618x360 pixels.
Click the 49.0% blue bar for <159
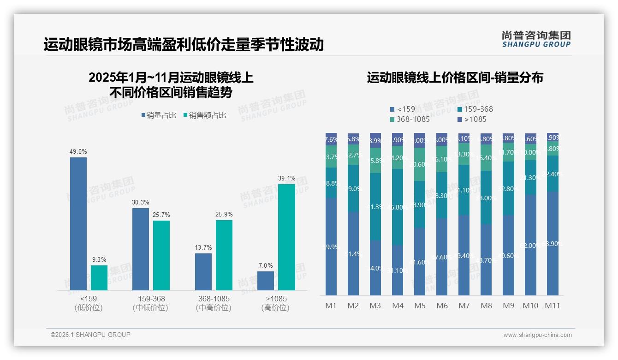[78, 224]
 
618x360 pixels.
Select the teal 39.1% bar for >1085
[286, 237]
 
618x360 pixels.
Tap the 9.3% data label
[99, 260]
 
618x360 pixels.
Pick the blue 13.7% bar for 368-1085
[203, 272]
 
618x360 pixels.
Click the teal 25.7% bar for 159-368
[161, 255]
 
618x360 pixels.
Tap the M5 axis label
[420, 306]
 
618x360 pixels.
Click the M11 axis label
[553, 306]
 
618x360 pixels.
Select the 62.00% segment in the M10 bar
[530, 245]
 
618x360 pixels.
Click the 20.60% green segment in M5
[420, 164]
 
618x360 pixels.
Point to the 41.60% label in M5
[420, 262]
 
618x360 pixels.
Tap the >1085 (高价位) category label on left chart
[275, 303]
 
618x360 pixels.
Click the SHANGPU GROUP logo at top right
[536, 39]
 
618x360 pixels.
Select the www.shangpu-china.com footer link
[537, 335]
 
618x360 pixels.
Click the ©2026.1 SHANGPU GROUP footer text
[90, 335]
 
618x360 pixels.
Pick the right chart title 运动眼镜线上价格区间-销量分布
[455, 78]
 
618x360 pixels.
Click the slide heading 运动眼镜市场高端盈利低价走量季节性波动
[184, 45]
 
